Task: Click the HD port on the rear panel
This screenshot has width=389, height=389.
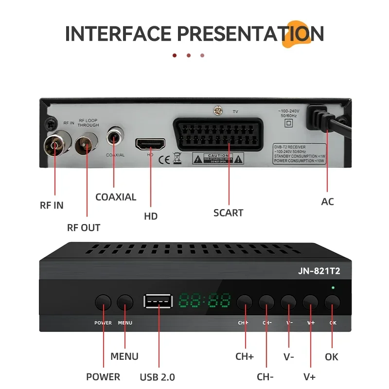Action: click(x=150, y=144)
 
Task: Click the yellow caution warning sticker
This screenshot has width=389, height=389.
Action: click(x=212, y=158)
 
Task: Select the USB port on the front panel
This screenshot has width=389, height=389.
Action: click(x=158, y=301)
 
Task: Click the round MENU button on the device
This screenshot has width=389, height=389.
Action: click(x=125, y=302)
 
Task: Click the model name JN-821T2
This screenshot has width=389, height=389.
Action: click(x=318, y=272)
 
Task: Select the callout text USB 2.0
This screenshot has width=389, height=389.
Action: click(x=157, y=377)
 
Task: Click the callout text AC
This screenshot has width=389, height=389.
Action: click(x=328, y=201)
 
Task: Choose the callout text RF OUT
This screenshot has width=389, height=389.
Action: click(x=84, y=228)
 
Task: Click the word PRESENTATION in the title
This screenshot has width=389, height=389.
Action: click(x=250, y=34)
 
